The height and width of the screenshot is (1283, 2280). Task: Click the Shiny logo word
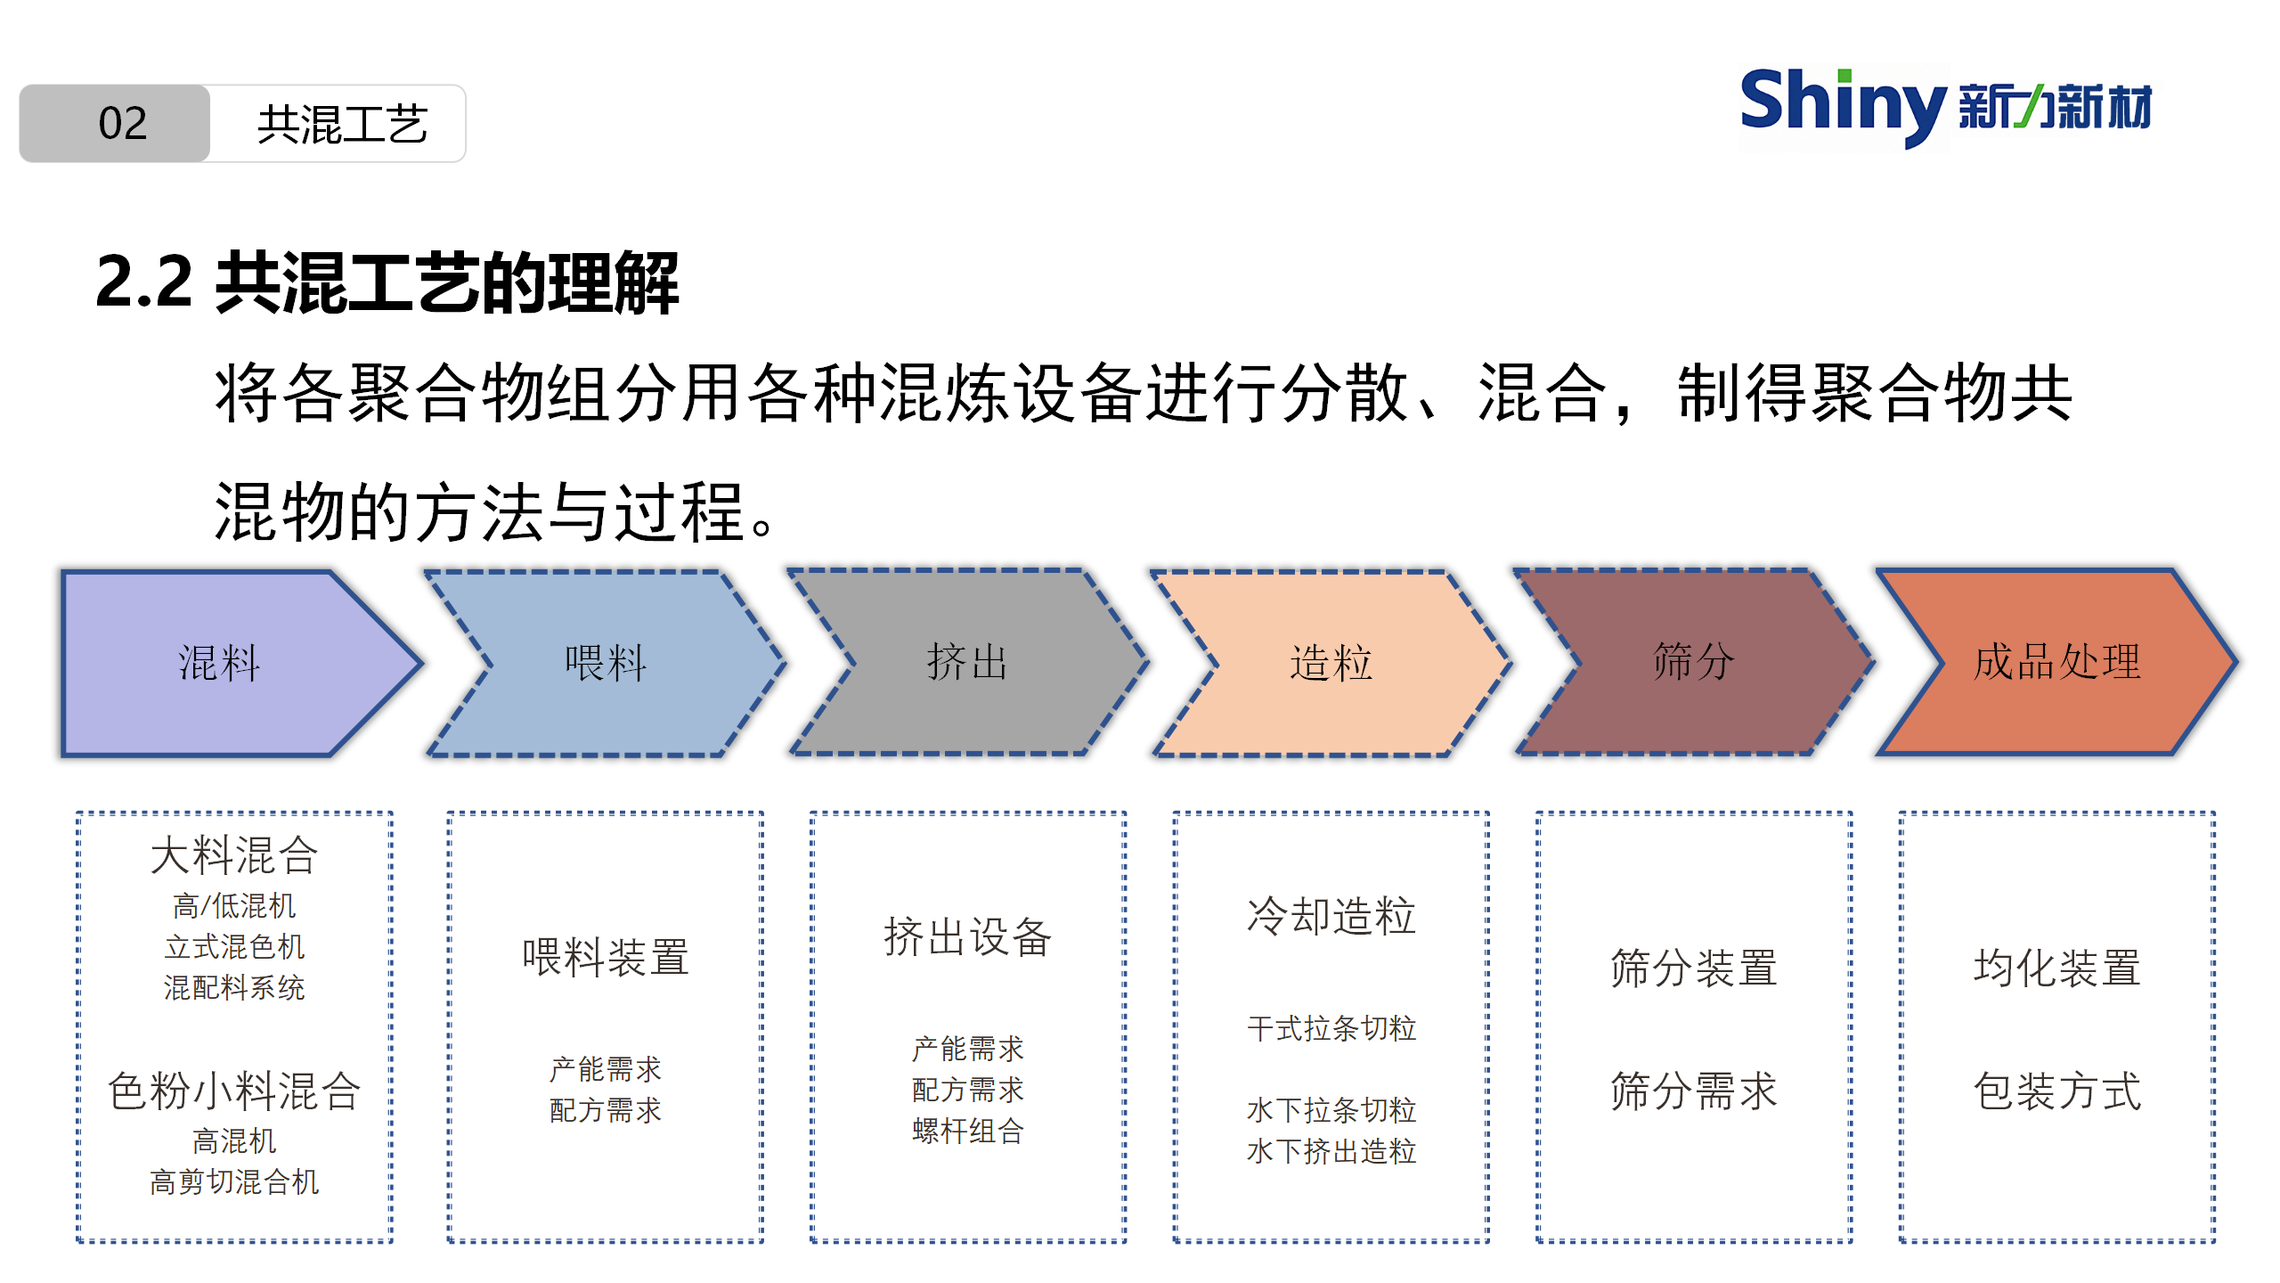pyautogui.click(x=1843, y=105)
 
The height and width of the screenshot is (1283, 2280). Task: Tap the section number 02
pyautogui.click(x=123, y=123)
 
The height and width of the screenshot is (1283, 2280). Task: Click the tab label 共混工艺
pyautogui.click(x=342, y=124)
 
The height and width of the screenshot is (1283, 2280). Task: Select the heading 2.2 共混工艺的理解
pyautogui.click(x=387, y=282)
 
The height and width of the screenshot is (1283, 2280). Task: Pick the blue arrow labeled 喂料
pyautogui.click(x=606, y=663)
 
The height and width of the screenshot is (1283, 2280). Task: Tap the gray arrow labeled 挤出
pyautogui.click(x=968, y=663)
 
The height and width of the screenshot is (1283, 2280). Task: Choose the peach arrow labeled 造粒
pyautogui.click(x=1331, y=663)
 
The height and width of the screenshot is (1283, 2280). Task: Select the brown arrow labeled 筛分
pyautogui.click(x=1694, y=663)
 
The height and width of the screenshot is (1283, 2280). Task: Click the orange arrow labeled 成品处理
pyautogui.click(x=2057, y=663)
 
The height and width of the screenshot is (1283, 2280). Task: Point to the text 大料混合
pyautogui.click(x=234, y=855)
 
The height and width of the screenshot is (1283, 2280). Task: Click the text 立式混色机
pyautogui.click(x=234, y=946)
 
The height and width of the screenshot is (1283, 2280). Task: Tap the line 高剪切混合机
pyautogui.click(x=234, y=1181)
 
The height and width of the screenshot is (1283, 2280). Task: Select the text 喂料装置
pyautogui.click(x=606, y=958)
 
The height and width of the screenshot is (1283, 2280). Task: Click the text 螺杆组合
pyautogui.click(x=968, y=1131)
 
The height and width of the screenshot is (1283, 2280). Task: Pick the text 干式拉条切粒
pyautogui.click(x=1331, y=1028)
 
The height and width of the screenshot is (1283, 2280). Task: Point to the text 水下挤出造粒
pyautogui.click(x=1331, y=1151)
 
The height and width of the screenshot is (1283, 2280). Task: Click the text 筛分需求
pyautogui.click(x=1694, y=1091)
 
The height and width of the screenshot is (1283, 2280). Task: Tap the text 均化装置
pyautogui.click(x=2057, y=968)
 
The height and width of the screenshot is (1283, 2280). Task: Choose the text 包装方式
pyautogui.click(x=2057, y=1091)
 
